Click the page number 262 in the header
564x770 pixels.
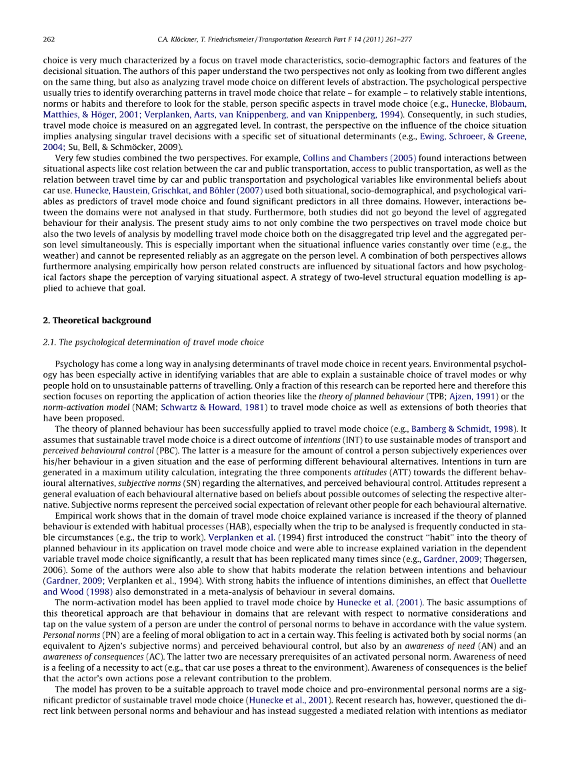point(49,39)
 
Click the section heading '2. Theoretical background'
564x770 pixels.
point(97,320)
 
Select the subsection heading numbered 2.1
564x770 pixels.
point(153,342)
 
